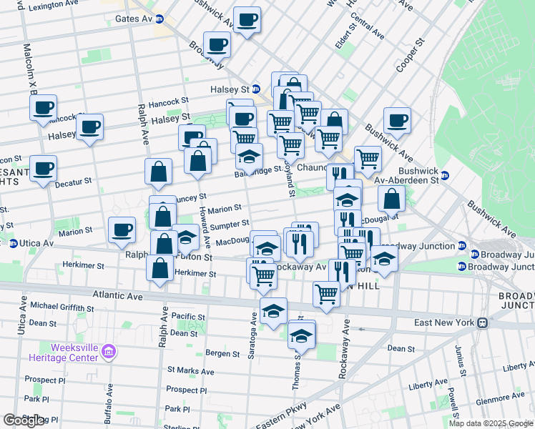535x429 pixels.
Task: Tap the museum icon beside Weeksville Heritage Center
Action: coord(109,351)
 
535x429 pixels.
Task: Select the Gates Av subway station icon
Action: coord(159,19)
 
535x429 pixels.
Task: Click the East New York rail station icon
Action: coord(484,323)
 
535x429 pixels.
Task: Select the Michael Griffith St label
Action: coord(62,307)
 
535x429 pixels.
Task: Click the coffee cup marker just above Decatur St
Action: coord(44,169)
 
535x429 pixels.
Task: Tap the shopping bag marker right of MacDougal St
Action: coord(391,198)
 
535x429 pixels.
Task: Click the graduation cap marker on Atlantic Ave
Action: coord(273,312)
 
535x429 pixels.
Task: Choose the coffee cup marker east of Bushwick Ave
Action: coord(397,121)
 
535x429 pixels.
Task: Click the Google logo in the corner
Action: coord(24,420)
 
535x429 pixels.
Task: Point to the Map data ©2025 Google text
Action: coord(490,423)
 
